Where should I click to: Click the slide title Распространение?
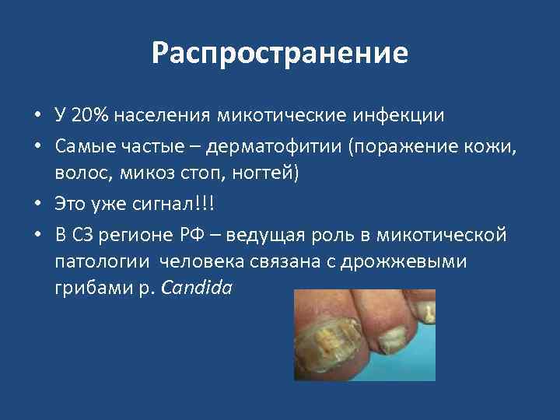[279, 54]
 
